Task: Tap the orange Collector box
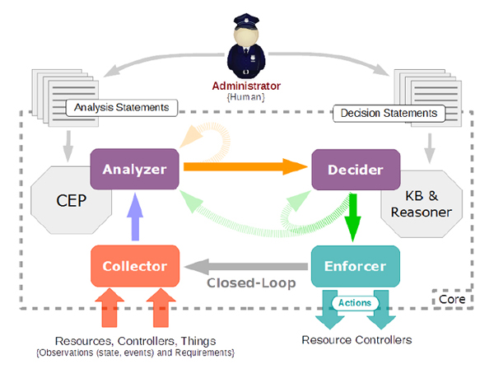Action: pos(134,265)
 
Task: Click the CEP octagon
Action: pos(61,201)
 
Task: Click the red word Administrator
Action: pos(247,86)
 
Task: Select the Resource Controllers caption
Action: pos(357,339)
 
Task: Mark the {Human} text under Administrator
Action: pos(247,98)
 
